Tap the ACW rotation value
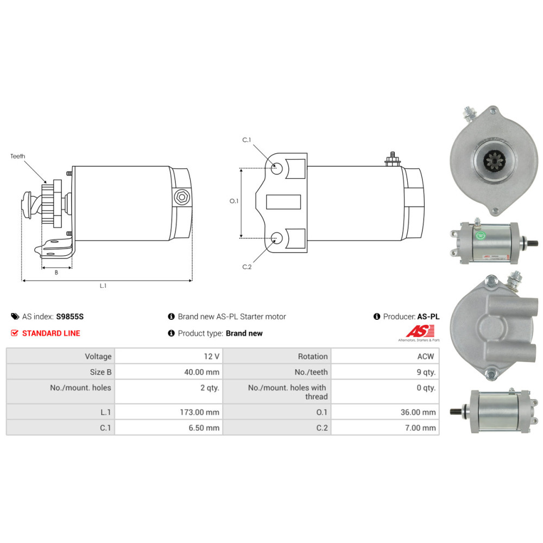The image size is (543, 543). coord(426,356)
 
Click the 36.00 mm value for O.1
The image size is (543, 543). coord(418,412)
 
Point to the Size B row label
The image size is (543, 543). coord(100,372)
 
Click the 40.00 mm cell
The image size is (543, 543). coord(202,372)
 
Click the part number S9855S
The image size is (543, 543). coord(73,317)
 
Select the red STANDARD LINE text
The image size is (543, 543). coord(51,333)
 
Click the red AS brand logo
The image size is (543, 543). coord(421,331)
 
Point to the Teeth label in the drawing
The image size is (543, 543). coord(18,156)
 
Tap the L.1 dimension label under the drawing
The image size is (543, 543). coord(103,286)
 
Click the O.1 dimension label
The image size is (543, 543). coord(234,201)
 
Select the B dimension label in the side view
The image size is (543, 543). coord(56,273)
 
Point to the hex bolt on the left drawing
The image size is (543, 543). coord(182,197)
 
